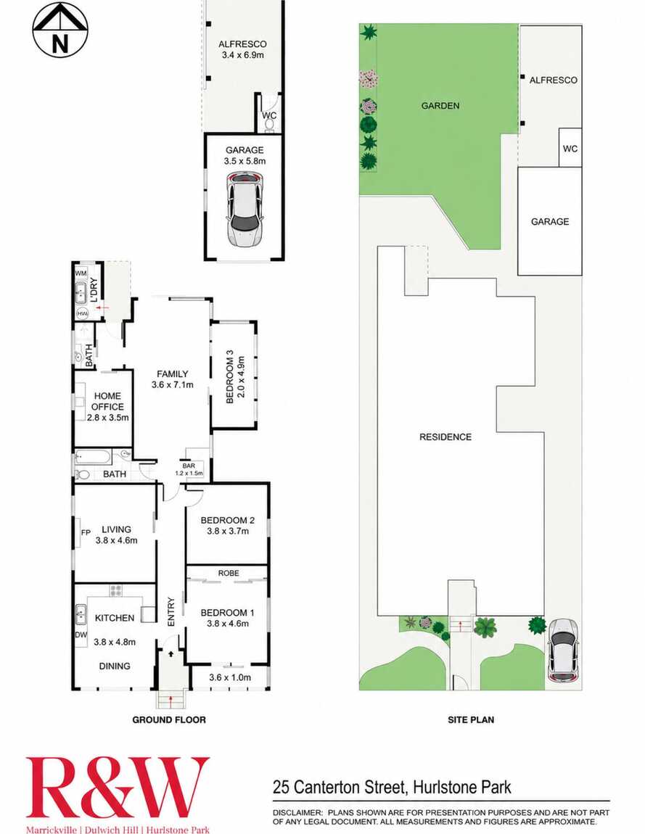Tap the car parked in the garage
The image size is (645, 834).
pos(245,209)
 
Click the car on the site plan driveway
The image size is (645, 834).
pos(564,651)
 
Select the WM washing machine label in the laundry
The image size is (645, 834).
pos(81,273)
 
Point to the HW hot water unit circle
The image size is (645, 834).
pos(83,314)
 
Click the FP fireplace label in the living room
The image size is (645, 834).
pos(86,532)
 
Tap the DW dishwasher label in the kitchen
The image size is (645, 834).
pos(81,635)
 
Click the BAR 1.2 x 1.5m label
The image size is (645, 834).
pos(189,469)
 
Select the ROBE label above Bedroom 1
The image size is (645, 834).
pos(229,573)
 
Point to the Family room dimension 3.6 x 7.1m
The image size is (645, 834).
pos(173,384)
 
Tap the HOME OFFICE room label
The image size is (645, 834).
pos(107,401)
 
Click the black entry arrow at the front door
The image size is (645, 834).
pos(171,653)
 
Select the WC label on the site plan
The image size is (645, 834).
pos(570,149)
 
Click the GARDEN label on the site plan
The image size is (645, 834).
pos(440,106)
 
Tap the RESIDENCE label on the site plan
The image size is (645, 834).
pos(445,437)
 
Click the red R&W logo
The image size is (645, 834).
pos(118,788)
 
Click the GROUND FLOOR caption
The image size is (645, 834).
pos(169,719)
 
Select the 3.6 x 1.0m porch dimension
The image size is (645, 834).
pos(230,677)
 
